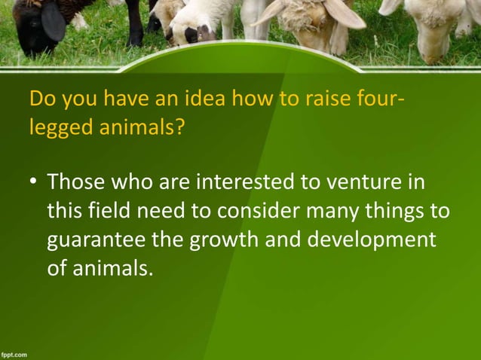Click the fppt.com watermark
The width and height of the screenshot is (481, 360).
tap(14, 352)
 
